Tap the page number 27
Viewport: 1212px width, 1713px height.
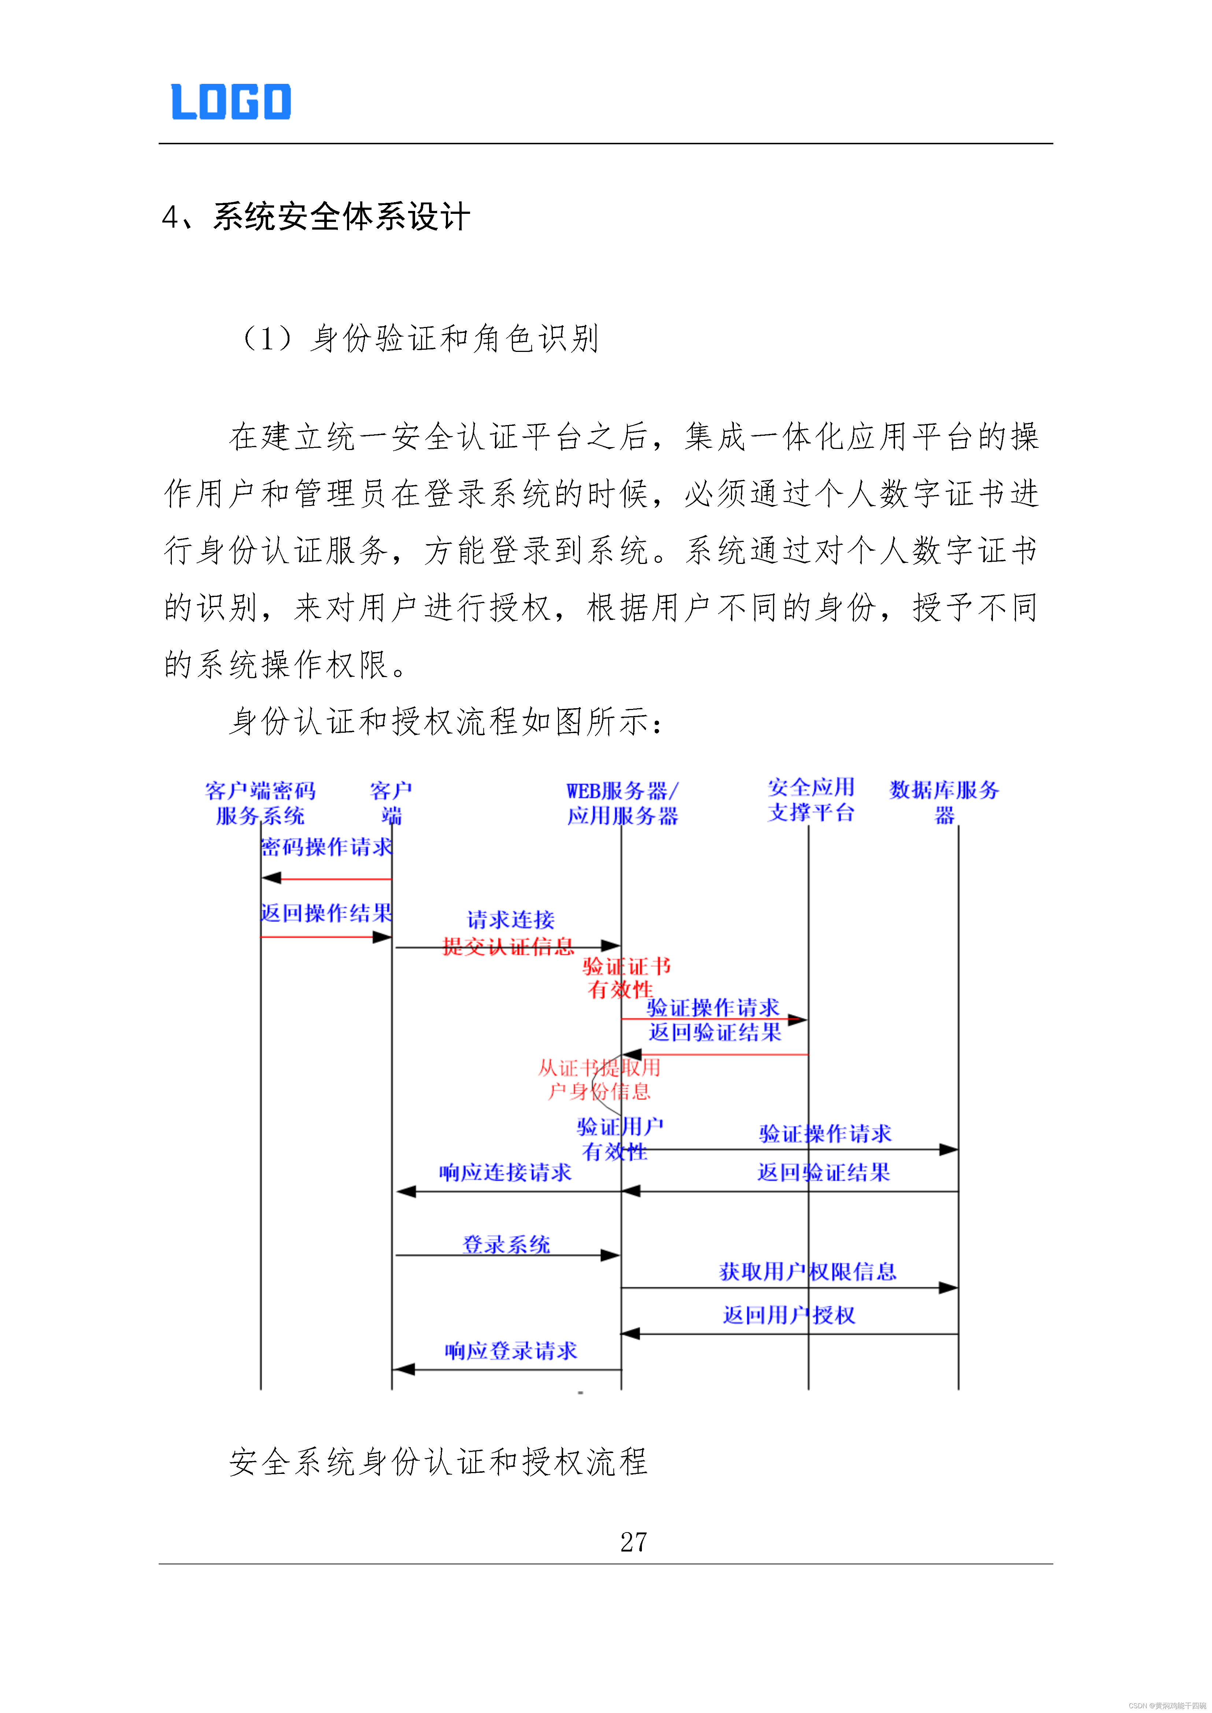(633, 1541)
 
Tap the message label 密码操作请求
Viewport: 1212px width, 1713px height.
(326, 847)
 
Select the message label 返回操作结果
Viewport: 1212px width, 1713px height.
(326, 913)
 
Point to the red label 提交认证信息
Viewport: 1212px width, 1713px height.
(508, 947)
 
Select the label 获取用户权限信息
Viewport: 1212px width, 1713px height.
(808, 1271)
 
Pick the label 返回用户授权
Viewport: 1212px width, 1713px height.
(789, 1315)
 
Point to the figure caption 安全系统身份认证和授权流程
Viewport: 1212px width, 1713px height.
(438, 1461)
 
